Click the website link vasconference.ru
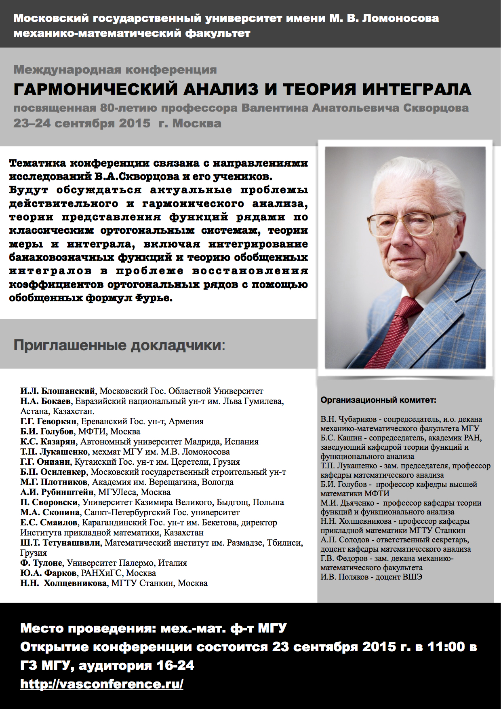[102, 684]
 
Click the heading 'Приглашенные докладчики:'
[120, 345]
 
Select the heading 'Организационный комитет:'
[379, 400]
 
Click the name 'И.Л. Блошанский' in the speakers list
[58, 391]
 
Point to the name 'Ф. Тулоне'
[41, 563]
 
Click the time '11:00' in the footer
[446, 647]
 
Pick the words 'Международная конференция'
[115, 70]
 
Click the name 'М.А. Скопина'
[50, 512]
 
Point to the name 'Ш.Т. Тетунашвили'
[60, 543]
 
